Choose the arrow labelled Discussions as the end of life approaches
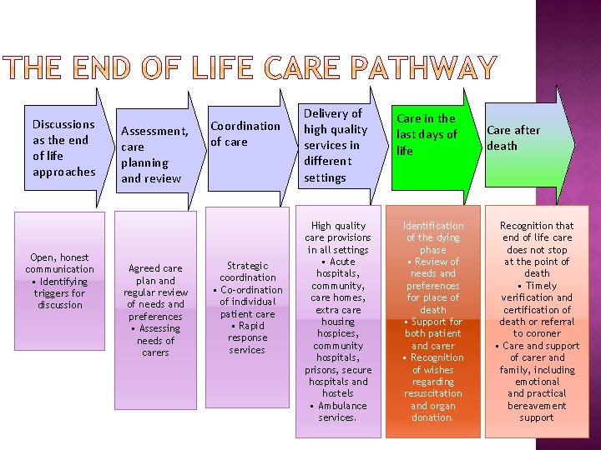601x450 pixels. (x=63, y=147)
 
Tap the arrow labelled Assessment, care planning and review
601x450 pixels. (x=155, y=154)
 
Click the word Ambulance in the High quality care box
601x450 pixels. (x=342, y=406)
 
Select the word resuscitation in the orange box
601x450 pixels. (x=432, y=393)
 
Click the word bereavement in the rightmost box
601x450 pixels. (x=536, y=406)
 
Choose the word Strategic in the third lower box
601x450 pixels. (x=248, y=266)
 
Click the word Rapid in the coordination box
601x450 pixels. (x=250, y=326)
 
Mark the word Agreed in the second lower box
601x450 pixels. (x=144, y=268)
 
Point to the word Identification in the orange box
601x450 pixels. (x=433, y=226)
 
